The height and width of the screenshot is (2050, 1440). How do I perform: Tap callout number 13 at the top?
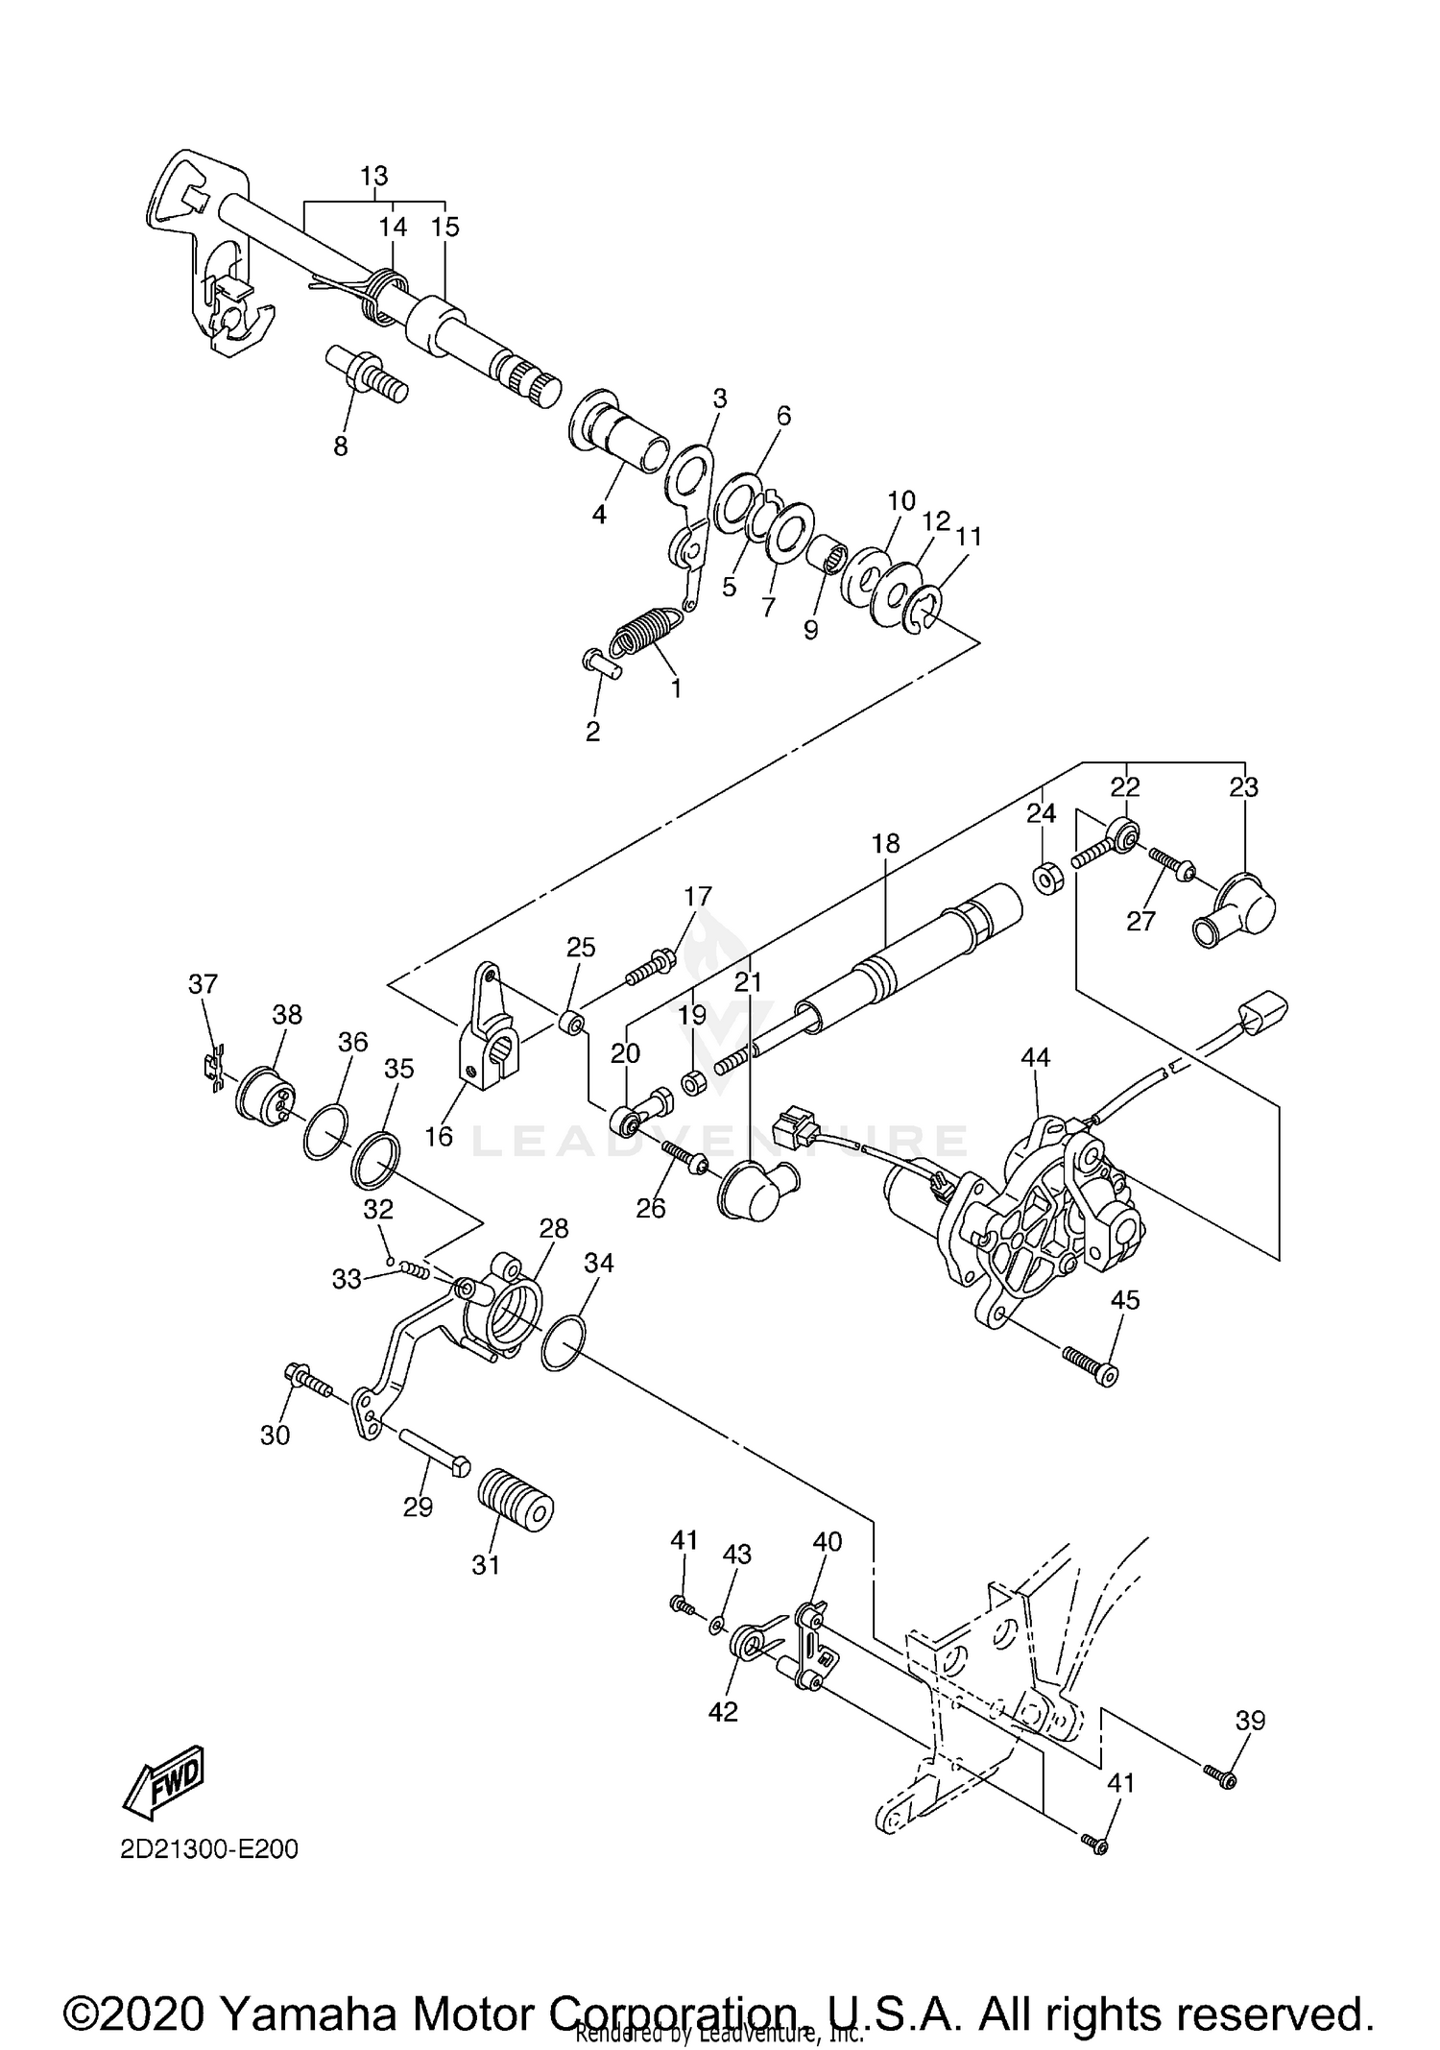coord(373,177)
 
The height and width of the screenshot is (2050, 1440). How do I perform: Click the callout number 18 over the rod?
coord(885,843)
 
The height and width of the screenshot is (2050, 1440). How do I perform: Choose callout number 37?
coord(203,983)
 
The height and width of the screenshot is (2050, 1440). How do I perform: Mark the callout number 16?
coord(438,1136)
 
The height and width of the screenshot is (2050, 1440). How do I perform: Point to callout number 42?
coord(723,1711)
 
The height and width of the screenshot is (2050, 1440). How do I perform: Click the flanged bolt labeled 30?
coord(307,1381)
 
